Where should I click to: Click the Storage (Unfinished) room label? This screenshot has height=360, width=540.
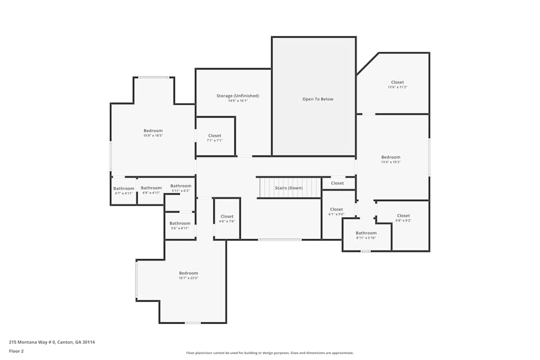coord(238,96)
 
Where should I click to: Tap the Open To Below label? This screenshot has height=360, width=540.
coord(318,99)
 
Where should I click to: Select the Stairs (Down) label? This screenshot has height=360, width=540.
coord(288,188)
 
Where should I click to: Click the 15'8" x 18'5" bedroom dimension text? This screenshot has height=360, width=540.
coord(153,135)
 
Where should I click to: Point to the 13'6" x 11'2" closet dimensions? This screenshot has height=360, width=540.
coord(397,87)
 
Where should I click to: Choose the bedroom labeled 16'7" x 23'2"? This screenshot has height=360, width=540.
coord(188,273)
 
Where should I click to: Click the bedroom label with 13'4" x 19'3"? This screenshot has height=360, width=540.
coord(390,157)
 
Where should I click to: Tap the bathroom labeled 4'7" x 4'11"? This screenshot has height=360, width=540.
coord(124,188)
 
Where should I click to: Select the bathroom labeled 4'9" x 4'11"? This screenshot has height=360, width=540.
coord(151,188)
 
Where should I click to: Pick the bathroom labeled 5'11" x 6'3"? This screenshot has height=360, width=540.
coord(181,186)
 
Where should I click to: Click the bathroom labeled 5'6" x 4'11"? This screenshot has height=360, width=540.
coord(180,223)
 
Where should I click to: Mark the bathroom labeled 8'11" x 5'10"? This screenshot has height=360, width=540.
coord(366,233)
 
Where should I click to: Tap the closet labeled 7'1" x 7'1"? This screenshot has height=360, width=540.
coord(214,136)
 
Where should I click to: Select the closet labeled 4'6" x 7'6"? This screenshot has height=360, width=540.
coord(227,216)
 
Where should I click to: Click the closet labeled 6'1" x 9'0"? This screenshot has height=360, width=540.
coord(336,209)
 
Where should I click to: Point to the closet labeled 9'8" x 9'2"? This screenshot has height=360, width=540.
coord(403,216)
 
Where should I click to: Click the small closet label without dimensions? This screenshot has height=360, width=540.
coord(337,184)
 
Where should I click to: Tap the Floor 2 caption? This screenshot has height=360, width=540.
coord(16,351)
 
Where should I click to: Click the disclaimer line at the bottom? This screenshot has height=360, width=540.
coord(269,353)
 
